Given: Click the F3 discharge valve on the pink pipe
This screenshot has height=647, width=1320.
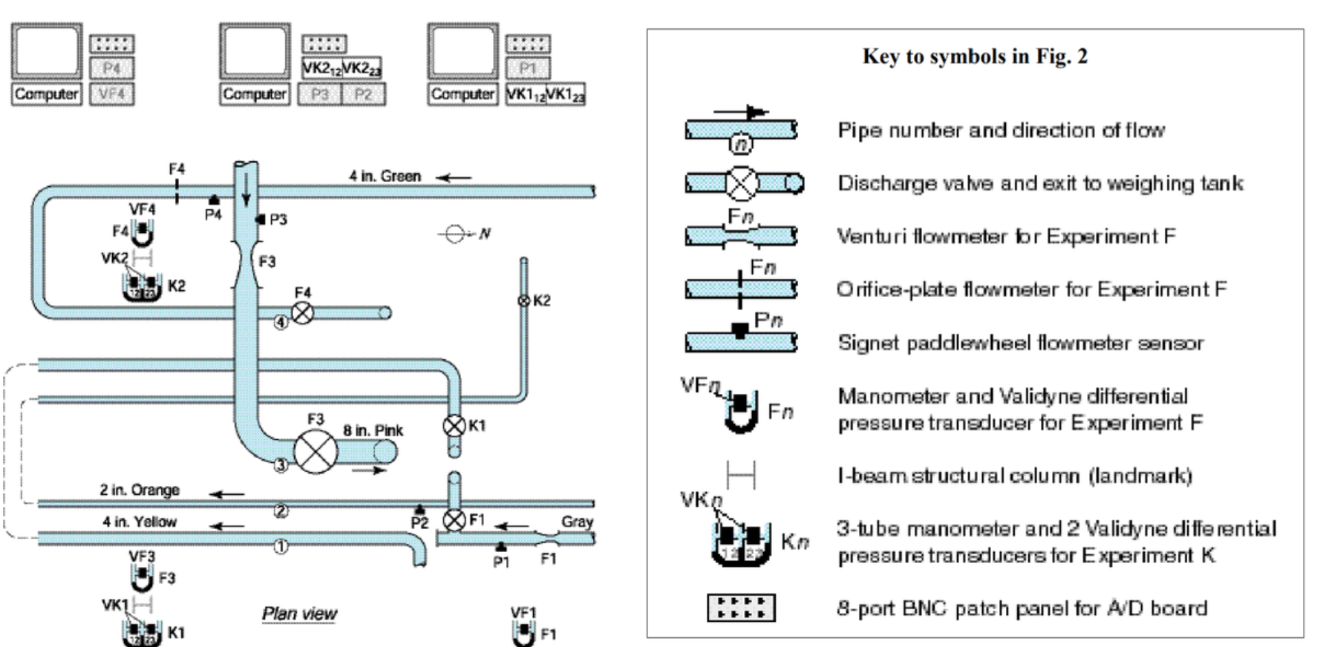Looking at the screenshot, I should pos(316,451).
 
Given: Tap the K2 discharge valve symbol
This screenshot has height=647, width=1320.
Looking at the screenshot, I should pos(523,300).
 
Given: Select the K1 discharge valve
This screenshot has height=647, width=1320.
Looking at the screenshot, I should pos(454,426).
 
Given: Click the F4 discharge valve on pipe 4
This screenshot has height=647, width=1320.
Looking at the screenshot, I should pos(302,312).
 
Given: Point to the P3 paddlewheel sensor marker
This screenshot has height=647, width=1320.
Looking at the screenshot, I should pos(261,220).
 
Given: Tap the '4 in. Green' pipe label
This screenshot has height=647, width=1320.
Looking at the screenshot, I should pos(385,176).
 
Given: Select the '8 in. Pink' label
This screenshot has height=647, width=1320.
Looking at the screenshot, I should pos(373,430).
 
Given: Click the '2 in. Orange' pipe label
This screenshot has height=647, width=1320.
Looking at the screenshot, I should pos(140,490).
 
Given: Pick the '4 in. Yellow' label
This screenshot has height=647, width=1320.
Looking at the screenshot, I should pos(140,522).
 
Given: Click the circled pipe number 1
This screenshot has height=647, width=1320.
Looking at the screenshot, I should pos(281,547).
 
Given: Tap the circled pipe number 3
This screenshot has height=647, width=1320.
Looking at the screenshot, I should pos(281,465).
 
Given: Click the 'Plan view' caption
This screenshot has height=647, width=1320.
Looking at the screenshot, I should pos(299,614).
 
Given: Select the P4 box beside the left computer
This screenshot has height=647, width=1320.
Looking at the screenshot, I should pos(111,68).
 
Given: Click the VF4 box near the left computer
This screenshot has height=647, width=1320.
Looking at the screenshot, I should pos(111,94).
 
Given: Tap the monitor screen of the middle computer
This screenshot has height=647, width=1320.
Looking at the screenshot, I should pos(255,50).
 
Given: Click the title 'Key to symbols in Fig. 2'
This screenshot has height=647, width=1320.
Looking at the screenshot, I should pos(974,56).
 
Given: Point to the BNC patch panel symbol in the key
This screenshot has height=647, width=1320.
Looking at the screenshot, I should pos(741,608).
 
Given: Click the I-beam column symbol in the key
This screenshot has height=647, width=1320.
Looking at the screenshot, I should pos(740,475).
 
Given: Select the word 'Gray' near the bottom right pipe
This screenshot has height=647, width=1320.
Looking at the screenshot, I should pos(577,522).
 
